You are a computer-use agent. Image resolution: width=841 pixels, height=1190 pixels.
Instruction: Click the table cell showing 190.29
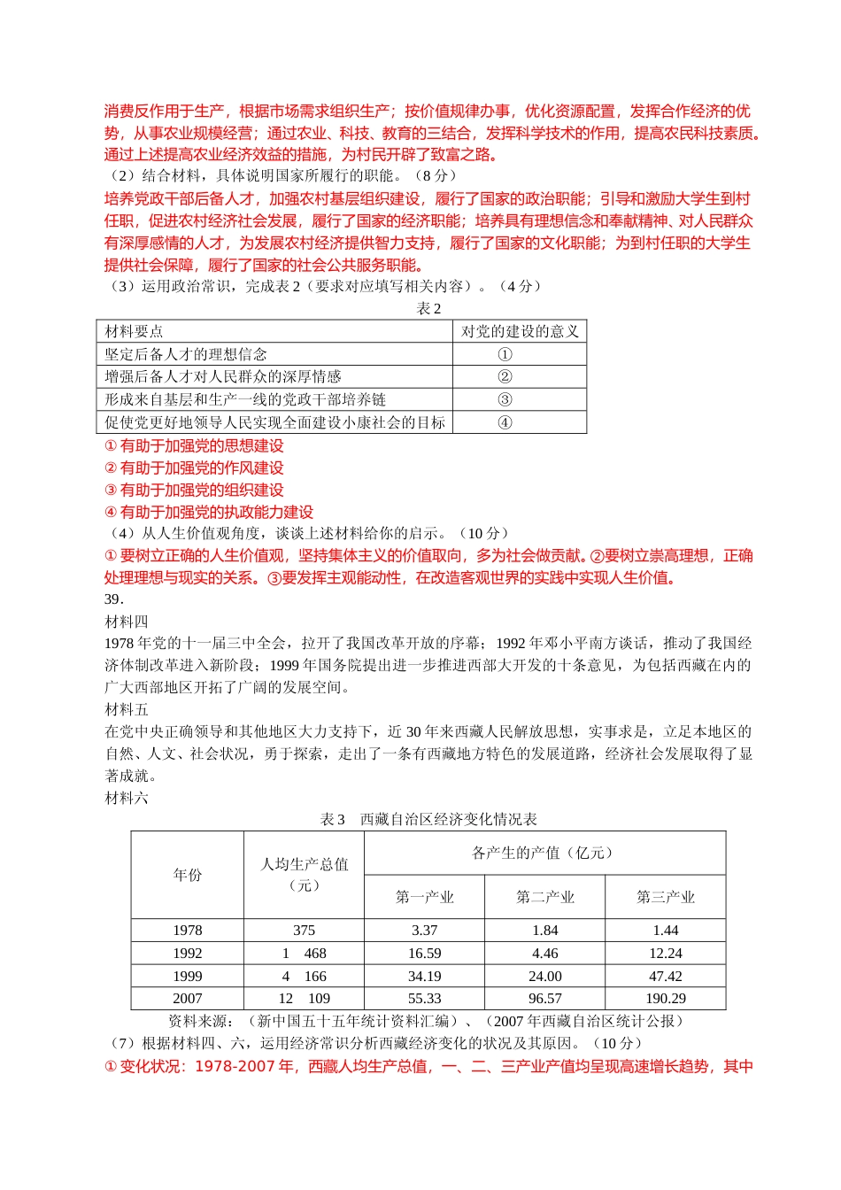point(665,999)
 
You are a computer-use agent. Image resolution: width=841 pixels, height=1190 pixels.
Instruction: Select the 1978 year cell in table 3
point(188,931)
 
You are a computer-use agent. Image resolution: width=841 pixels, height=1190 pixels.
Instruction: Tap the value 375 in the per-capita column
point(304,931)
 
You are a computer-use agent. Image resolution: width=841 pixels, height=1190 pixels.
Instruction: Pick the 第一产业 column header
point(424,898)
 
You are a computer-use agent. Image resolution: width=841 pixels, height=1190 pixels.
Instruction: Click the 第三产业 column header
point(665,898)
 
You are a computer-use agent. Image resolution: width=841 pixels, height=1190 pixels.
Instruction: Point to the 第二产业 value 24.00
point(544,977)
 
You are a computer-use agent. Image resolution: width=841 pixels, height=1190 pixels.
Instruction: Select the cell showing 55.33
point(424,999)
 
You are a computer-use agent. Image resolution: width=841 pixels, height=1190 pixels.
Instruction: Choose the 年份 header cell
point(188,875)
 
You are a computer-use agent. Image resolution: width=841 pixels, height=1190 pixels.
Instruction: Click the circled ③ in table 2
point(505,400)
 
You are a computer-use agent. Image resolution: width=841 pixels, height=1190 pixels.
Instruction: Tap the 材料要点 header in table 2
point(135,332)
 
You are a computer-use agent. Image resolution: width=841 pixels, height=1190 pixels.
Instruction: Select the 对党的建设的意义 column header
point(520,332)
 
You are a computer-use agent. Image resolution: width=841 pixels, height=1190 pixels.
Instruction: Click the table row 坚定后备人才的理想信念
point(186,354)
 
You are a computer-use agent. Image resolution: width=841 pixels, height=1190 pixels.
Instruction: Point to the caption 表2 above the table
point(428,309)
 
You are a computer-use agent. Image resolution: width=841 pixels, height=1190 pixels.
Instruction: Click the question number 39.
point(113,599)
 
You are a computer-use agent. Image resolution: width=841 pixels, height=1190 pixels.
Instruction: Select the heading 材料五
point(127,710)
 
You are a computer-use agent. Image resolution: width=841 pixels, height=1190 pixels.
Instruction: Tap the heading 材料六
point(127,799)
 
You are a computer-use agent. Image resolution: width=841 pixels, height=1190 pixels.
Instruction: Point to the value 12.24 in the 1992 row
point(665,954)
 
